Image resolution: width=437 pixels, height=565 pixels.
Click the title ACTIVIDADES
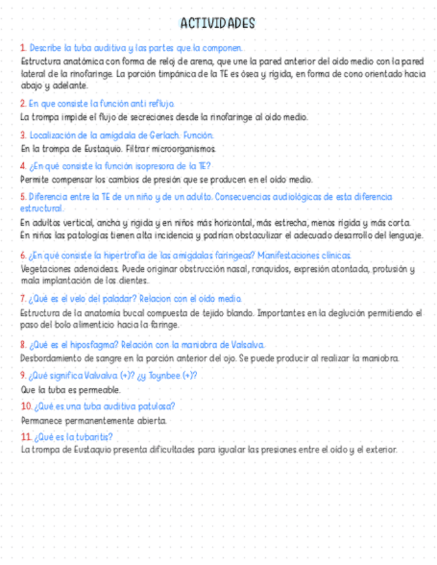coord(218,24)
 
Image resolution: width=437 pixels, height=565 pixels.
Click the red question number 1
coord(23,48)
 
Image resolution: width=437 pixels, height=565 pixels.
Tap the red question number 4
coord(23,166)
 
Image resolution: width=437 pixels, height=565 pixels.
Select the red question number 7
coord(23,299)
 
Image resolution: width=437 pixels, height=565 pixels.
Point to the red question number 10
coord(26,406)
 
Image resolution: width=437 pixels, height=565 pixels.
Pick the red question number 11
coord(26,437)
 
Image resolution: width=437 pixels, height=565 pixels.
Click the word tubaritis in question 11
coord(93,437)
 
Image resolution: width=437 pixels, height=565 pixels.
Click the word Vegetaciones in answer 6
coord(45,269)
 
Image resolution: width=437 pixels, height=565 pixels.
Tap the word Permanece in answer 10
coord(41,421)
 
